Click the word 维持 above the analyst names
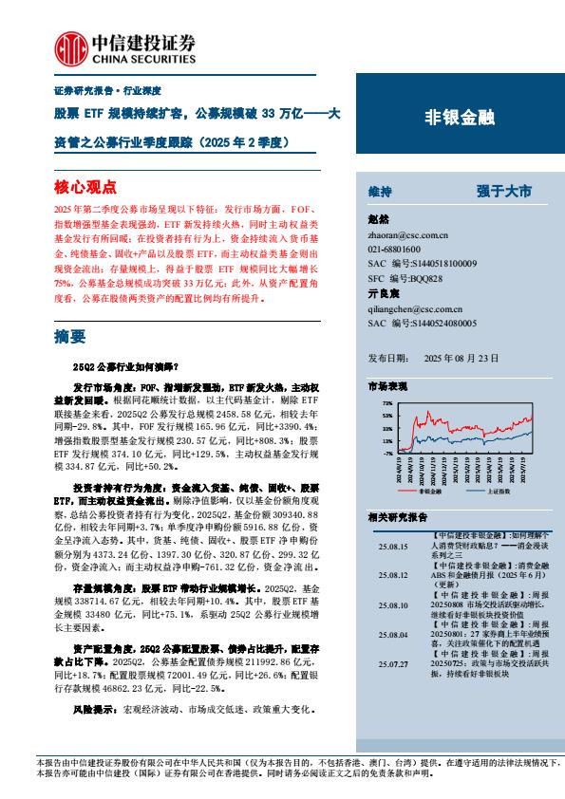[380, 192]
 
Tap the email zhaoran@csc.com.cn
[405, 233]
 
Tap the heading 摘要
[70, 335]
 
